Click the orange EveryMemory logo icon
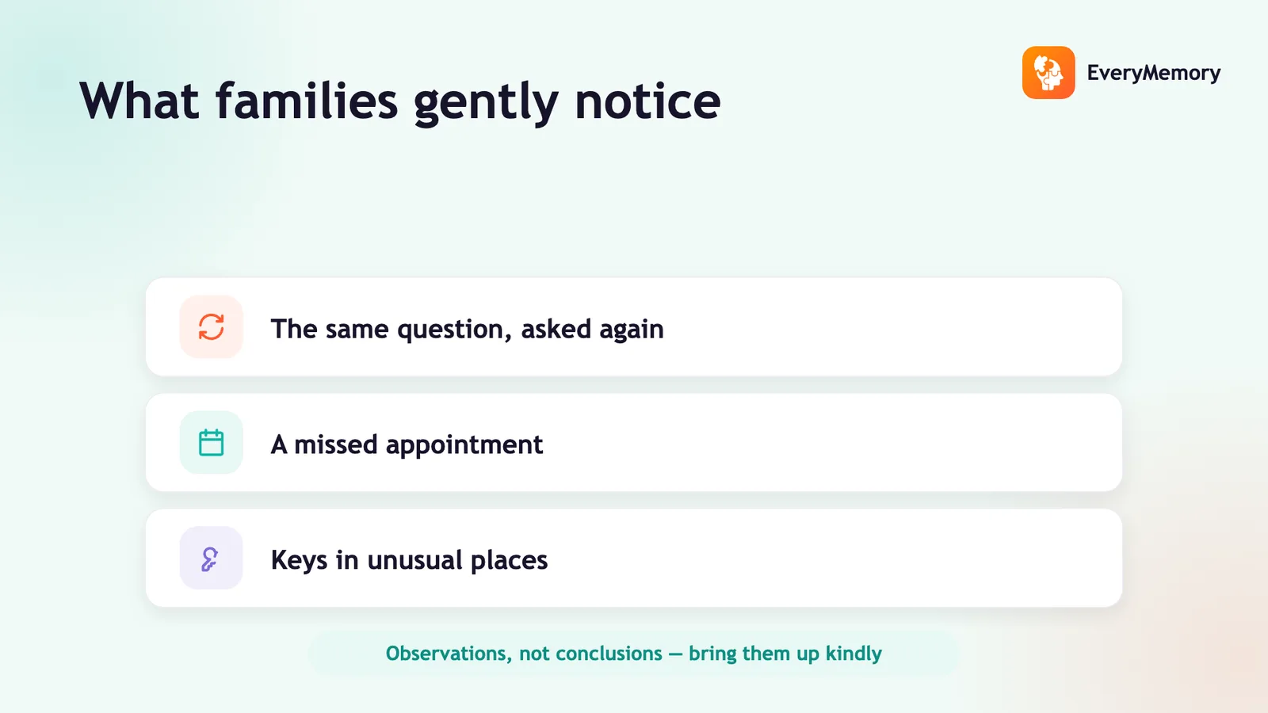[1048, 72]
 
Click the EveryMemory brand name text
[1154, 73]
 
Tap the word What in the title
[139, 101]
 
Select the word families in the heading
[307, 100]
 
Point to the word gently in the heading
[487, 103]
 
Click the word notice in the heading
[647, 101]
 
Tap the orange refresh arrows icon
[211, 327]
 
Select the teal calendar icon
[211, 443]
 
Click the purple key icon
[210, 559]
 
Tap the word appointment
[464, 445]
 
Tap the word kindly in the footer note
[854, 654]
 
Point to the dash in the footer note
[675, 654]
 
